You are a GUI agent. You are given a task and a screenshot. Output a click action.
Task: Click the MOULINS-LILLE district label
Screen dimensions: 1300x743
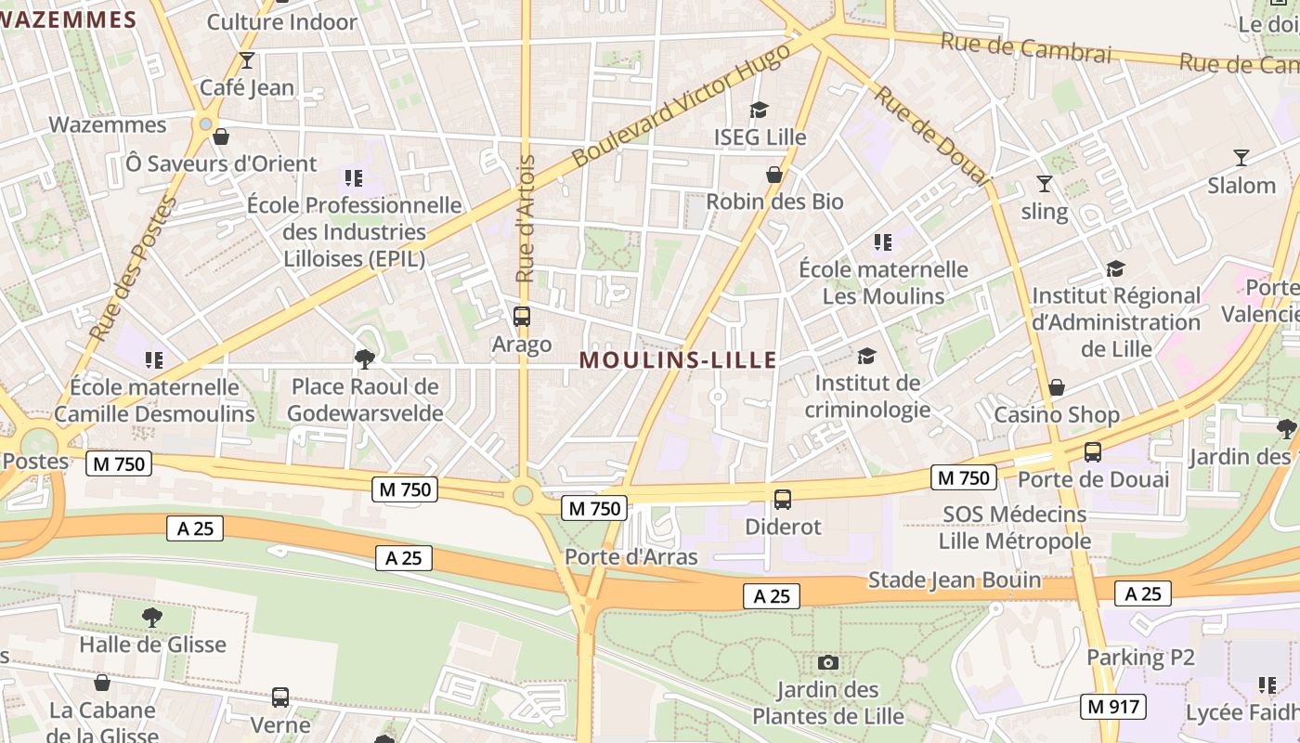tap(678, 360)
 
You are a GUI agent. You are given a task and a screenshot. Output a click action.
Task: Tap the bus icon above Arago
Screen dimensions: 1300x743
tap(522, 317)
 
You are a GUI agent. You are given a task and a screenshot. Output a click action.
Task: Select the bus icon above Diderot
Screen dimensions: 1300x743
tap(783, 500)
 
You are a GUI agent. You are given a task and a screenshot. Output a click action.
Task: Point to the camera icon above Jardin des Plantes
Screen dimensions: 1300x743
tap(828, 662)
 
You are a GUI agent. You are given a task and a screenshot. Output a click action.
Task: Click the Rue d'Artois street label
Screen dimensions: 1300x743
tap(526, 219)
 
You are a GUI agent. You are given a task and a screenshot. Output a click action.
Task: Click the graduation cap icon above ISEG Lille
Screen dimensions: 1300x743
tap(760, 111)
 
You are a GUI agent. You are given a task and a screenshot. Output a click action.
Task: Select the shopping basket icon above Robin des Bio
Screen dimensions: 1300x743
tap(774, 175)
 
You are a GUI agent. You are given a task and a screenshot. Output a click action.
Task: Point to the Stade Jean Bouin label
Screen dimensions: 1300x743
tap(955, 580)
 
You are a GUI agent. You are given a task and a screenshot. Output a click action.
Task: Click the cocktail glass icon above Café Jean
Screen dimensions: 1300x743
tap(247, 60)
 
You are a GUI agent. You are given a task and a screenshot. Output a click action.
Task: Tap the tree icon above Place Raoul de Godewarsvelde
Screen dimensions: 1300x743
tap(365, 358)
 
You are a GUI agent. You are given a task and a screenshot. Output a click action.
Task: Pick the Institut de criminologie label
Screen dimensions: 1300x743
tap(867, 396)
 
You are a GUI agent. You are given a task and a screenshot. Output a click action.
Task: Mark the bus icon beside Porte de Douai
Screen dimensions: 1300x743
tap(1093, 452)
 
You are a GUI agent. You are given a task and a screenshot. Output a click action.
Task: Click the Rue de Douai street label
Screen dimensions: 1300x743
tap(932, 136)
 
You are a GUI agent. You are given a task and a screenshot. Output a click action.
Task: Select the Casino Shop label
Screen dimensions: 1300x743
tap(1057, 414)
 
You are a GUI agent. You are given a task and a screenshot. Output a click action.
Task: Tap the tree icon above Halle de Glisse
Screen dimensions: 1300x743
tap(151, 617)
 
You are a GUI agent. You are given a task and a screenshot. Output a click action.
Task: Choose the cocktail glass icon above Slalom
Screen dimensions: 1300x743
tap(1241, 158)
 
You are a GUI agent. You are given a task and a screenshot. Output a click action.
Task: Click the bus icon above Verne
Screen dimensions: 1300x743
tap(280, 697)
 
